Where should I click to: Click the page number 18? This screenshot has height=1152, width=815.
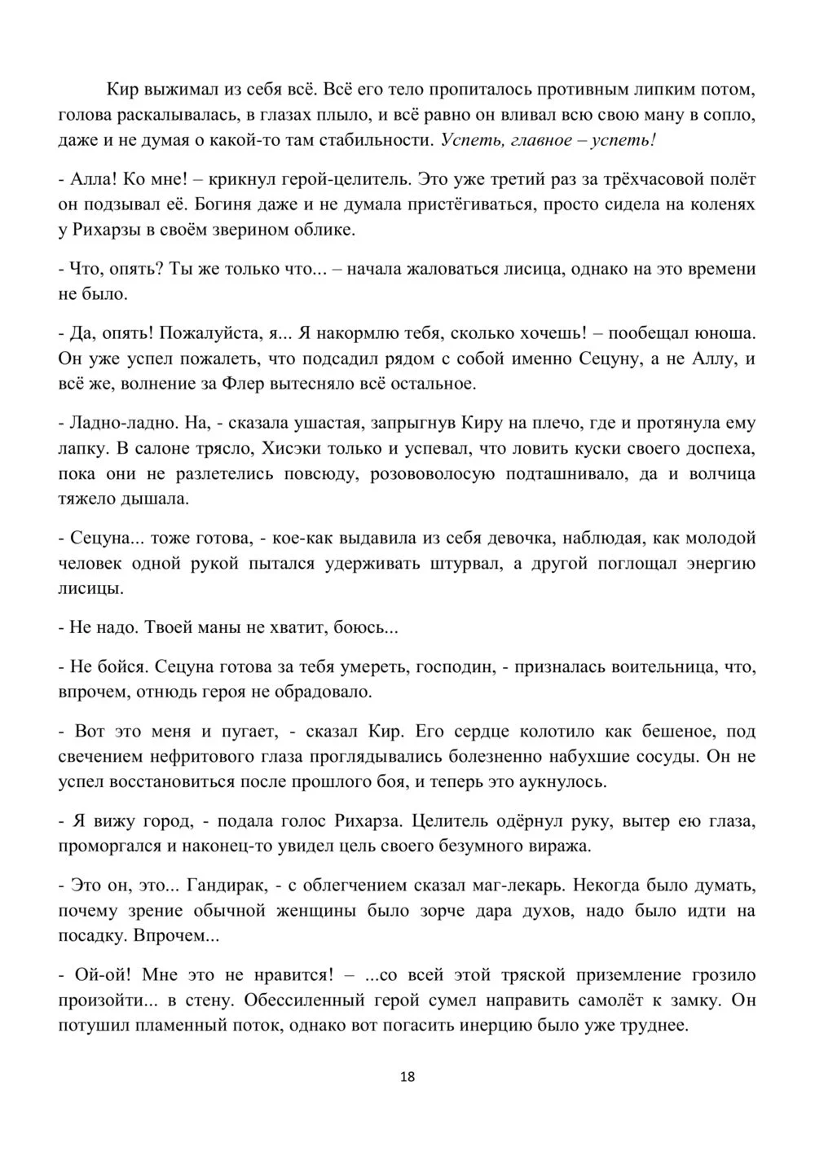(x=407, y=1077)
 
